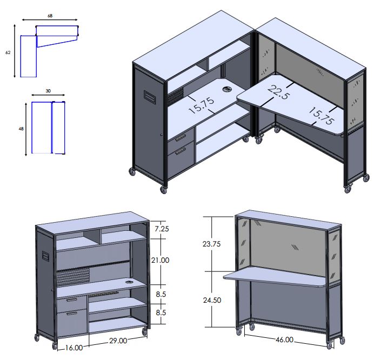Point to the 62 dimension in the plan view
pyautogui.click(x=8, y=53)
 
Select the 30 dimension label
pyautogui.click(x=48, y=91)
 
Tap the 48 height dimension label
pyautogui.click(x=21, y=129)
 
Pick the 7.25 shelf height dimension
pyautogui.click(x=161, y=229)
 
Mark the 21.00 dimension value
pyautogui.click(x=161, y=261)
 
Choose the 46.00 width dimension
pyautogui.click(x=284, y=340)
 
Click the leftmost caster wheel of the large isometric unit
pyautogui.click(x=131, y=172)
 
